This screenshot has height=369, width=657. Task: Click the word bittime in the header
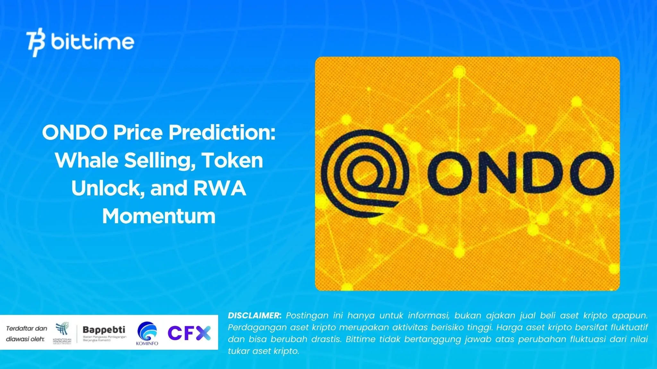coord(92,42)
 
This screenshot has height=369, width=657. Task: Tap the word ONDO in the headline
coord(74,132)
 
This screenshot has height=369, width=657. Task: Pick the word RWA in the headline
coord(219,188)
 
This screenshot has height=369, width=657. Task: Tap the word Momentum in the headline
coord(159,216)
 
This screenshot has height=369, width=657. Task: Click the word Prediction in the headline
coord(222,132)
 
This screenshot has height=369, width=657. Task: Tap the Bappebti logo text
coord(104,330)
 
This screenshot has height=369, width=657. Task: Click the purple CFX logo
coord(189,333)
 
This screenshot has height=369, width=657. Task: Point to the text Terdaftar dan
coord(27,328)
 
